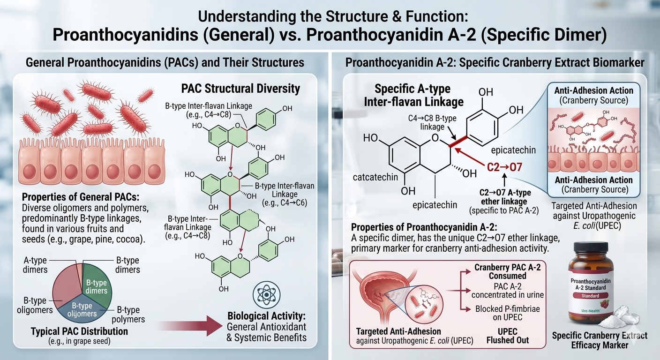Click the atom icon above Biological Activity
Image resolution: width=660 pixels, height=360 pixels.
coord(267,295)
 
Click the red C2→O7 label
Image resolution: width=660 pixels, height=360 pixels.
coord(504,167)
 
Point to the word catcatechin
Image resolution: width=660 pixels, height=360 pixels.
coord(375,177)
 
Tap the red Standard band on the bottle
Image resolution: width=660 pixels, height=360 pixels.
coord(590,296)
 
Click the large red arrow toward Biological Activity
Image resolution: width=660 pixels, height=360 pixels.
coord(190,326)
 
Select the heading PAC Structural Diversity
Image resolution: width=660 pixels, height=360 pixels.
coord(240,89)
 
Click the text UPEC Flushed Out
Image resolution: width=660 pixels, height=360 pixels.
coord(507,336)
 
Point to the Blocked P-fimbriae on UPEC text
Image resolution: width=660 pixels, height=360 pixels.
coord(507,313)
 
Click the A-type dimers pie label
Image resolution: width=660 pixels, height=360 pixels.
coord(35,265)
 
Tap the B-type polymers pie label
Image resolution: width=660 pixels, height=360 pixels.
coord(128,315)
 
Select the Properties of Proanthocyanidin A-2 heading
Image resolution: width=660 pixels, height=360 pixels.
coord(424,227)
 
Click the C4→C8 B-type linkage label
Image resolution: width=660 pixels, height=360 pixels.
coord(432,122)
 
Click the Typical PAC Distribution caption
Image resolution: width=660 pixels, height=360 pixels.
coord(80,331)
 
